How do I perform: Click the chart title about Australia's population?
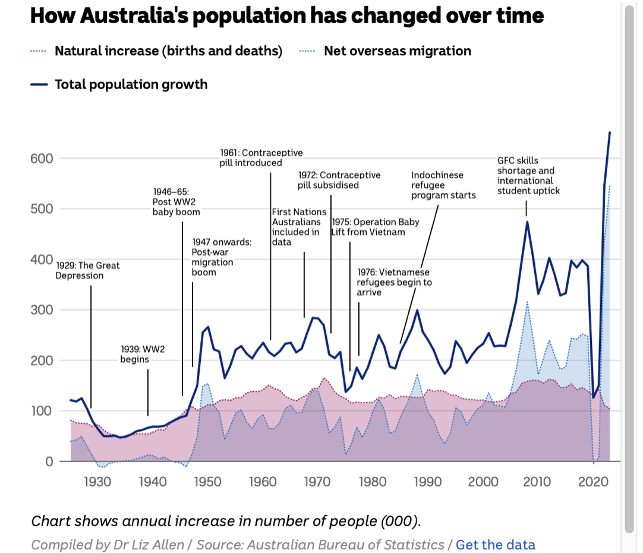click(x=286, y=16)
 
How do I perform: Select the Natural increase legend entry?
click(x=168, y=51)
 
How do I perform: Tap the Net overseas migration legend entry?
click(x=397, y=51)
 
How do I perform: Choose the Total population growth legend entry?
click(x=131, y=84)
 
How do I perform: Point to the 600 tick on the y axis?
click(x=42, y=158)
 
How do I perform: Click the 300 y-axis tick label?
click(x=42, y=310)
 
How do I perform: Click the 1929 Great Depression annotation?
click(x=87, y=271)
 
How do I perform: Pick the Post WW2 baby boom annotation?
click(x=176, y=202)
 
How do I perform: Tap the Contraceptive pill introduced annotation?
click(x=261, y=158)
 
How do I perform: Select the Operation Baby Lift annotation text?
click(x=375, y=227)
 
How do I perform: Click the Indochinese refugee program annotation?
click(x=443, y=185)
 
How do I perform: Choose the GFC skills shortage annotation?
click(x=528, y=175)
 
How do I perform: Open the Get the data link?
click(x=496, y=545)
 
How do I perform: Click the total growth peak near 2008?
click(x=527, y=222)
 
